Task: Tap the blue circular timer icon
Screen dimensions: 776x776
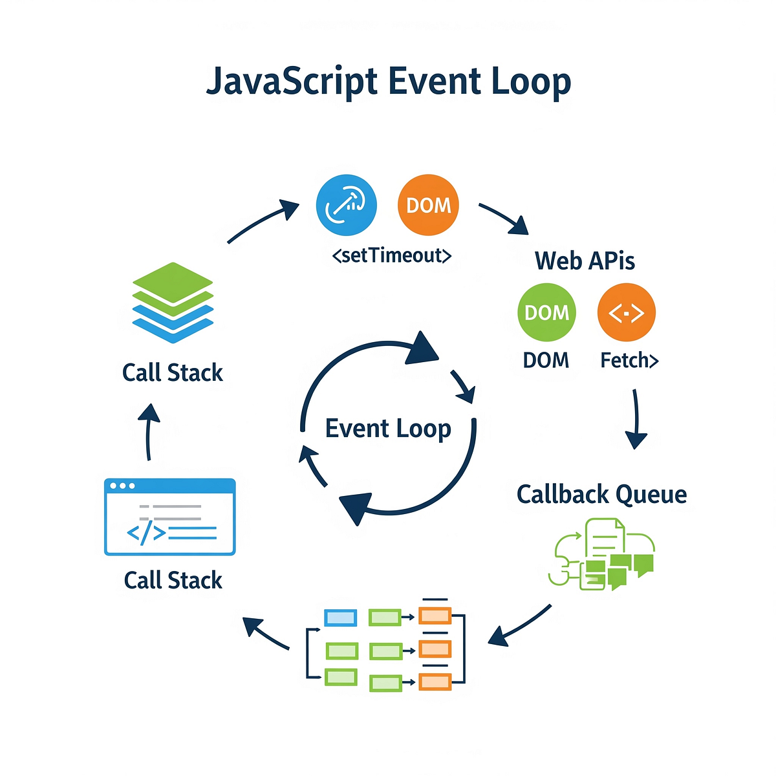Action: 347,204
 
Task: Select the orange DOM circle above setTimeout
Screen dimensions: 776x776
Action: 428,204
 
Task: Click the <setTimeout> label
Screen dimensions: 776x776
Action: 391,256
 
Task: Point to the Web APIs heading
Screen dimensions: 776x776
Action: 585,261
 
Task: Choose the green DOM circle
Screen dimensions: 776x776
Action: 546,312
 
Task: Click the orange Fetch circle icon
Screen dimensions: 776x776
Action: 626,312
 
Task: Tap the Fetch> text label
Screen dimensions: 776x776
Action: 629,360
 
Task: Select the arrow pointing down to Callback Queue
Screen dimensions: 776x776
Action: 636,418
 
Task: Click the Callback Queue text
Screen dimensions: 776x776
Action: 601,494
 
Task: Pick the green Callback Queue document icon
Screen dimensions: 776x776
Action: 601,554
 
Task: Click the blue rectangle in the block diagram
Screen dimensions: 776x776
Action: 340,618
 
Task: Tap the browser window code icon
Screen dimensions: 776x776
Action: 169,517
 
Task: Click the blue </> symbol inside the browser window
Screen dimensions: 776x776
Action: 146,533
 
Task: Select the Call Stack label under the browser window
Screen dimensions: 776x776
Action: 173,580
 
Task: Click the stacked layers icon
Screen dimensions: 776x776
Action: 173,302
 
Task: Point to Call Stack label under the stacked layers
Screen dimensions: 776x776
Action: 173,373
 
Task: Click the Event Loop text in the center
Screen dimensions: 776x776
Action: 388,429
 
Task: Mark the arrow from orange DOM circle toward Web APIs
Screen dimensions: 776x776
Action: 504,219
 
